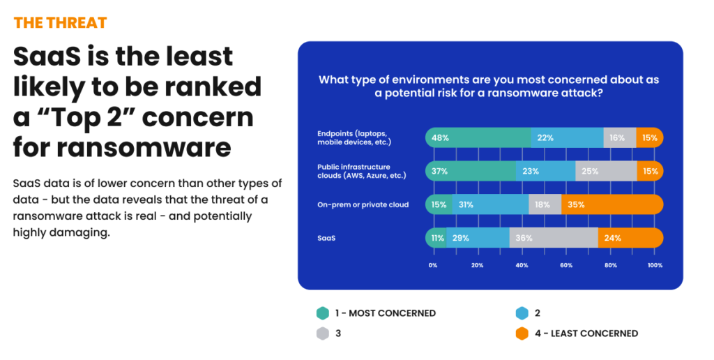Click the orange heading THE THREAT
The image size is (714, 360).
[60, 22]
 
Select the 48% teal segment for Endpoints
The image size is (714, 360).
[478, 137]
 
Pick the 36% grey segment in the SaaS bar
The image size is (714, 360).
[554, 238]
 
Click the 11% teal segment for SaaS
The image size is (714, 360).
[436, 238]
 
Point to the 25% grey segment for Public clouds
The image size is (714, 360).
[606, 171]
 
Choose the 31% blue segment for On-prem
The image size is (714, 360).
[491, 204]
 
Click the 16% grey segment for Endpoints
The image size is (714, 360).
[620, 137]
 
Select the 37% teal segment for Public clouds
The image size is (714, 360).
[471, 171]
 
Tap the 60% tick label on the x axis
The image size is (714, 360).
[566, 266]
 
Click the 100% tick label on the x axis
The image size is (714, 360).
[655, 266]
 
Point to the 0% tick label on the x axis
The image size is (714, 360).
[433, 266]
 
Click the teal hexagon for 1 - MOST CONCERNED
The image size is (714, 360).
[322, 313]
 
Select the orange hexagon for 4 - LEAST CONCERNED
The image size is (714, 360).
[522, 333]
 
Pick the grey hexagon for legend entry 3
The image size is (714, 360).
[322, 333]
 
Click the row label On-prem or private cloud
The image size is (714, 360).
[363, 204]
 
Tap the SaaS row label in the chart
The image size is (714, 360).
[326, 238]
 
